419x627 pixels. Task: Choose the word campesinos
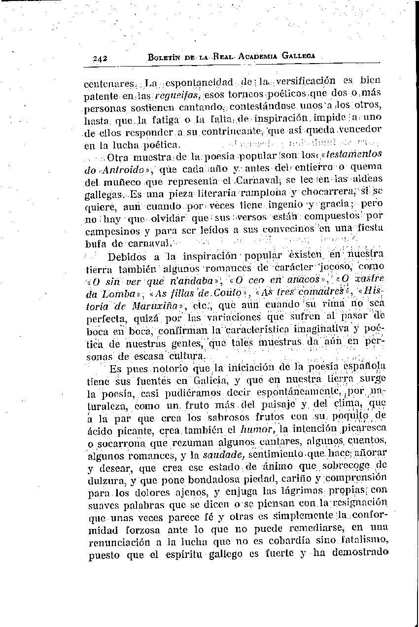click(110, 230)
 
